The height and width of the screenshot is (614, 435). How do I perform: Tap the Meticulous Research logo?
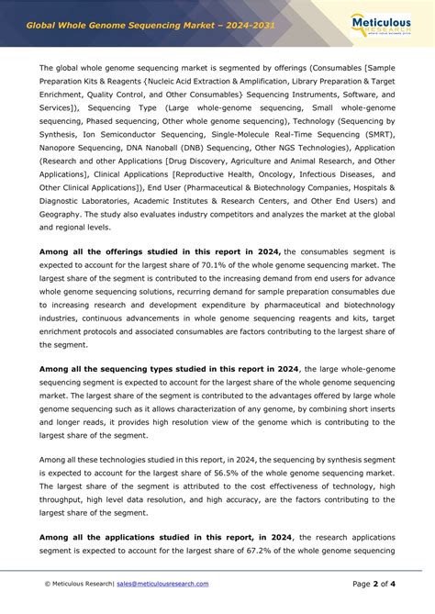pos(385,24)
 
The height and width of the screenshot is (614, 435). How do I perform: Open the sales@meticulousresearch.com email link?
pos(162,584)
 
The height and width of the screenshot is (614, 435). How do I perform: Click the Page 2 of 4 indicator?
pos(374,584)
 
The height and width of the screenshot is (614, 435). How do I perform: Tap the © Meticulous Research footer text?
pos(78,584)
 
